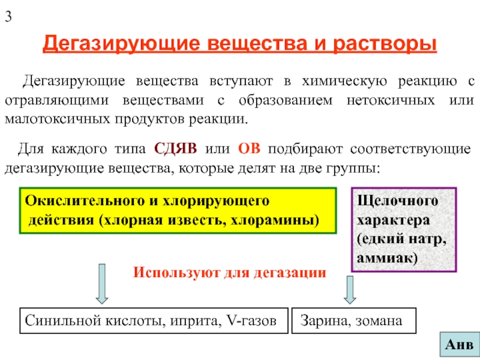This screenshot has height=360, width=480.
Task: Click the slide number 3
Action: (8, 17)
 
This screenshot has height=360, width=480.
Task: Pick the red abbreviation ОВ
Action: (249, 148)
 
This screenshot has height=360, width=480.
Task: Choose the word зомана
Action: (377, 322)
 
